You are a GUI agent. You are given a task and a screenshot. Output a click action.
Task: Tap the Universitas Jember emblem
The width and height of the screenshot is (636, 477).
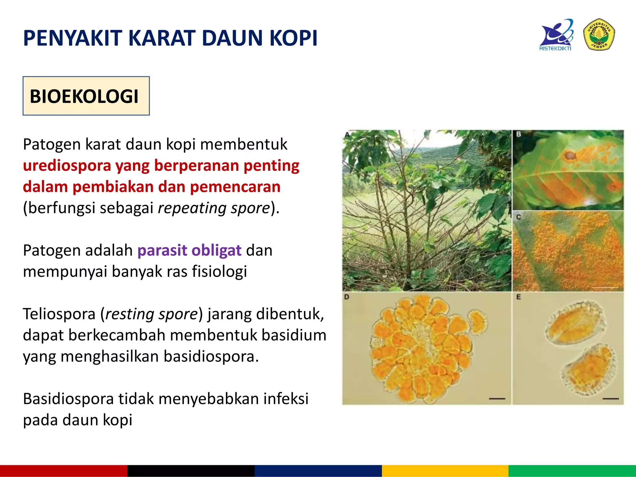pos(599,34)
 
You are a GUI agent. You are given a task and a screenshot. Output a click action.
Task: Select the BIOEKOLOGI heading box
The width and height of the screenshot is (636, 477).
pos(86,96)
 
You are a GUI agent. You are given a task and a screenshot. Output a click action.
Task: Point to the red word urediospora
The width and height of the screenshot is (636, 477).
pos(67,166)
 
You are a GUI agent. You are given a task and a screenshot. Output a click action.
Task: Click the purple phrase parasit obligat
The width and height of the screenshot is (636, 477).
pos(189,250)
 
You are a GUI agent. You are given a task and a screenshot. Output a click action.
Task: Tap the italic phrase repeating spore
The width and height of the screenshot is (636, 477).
pos(214,208)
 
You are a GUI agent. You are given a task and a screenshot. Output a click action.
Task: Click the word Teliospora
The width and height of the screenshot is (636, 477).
pos(59,314)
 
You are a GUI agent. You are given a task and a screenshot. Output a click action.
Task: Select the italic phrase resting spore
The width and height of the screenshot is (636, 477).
pos(152,314)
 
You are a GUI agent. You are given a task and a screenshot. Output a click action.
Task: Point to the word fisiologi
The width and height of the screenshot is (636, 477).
pos(219,271)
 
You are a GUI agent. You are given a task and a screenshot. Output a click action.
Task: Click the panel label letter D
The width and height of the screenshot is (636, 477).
pos(347,297)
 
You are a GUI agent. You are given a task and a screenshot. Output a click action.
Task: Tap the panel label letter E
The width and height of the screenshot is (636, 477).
pos(518,297)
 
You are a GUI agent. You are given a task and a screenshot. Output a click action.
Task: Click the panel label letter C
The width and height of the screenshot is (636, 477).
pos(518,217)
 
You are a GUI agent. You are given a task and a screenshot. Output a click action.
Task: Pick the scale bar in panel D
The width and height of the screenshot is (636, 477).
pos(497,398)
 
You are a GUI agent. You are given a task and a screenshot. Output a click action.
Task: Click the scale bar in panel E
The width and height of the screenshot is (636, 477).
pos(611,398)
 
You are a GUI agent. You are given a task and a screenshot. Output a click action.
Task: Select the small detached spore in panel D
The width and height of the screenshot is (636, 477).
pos(477,322)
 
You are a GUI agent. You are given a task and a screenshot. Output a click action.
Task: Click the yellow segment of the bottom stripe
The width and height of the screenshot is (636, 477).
pos(445,471)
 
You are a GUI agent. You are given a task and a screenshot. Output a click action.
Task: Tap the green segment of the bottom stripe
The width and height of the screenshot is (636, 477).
pos(572,471)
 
